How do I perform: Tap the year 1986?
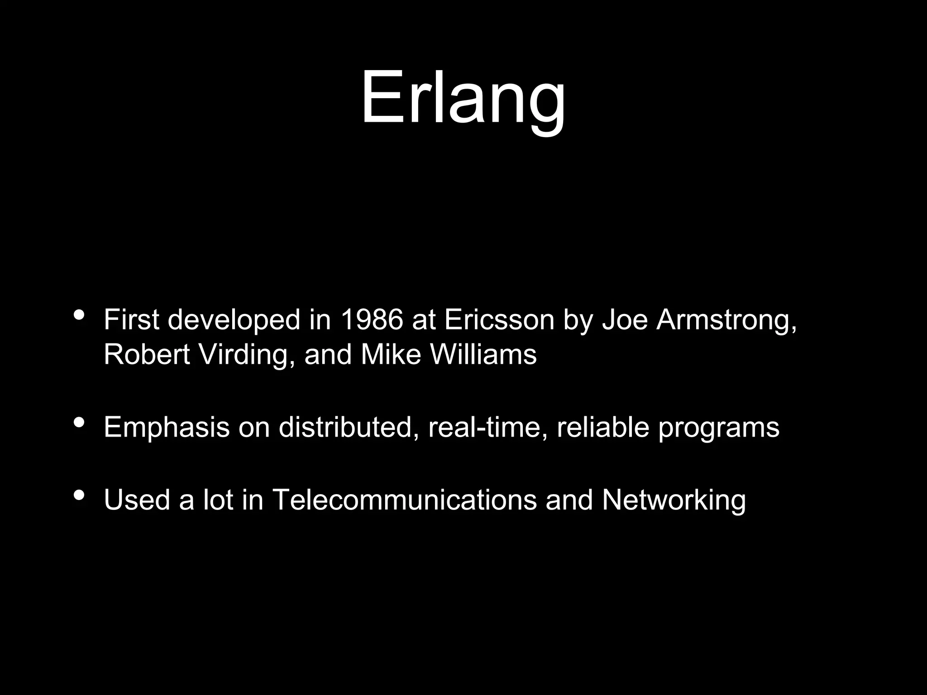[371, 319]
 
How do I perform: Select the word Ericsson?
[499, 319]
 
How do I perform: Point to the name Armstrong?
[726, 320]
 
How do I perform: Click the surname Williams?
[483, 354]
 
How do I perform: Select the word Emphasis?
[167, 428]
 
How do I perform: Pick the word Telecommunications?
[405, 500]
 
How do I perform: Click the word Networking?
[674, 500]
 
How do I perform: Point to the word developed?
[234, 320]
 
